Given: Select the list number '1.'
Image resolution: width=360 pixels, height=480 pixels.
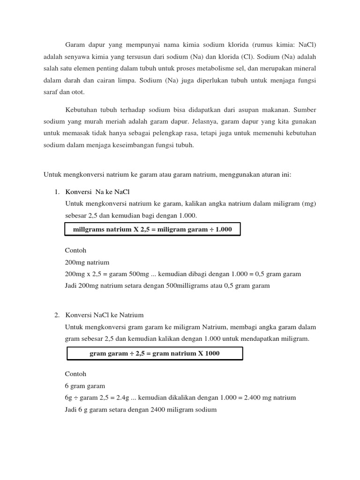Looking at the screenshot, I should tap(56, 192).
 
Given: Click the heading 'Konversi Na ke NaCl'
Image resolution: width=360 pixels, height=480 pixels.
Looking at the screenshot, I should tap(97, 192).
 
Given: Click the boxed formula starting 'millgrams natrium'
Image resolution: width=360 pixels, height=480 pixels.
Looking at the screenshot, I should tap(152, 230).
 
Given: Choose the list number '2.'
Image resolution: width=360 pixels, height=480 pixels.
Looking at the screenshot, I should tap(56, 315).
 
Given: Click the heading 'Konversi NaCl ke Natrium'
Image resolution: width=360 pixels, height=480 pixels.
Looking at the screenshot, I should tap(104, 315).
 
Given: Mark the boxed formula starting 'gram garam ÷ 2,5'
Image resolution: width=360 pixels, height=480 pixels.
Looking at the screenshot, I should tap(155, 353).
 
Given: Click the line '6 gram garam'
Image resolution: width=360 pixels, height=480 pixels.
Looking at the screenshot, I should tap(85, 386).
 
